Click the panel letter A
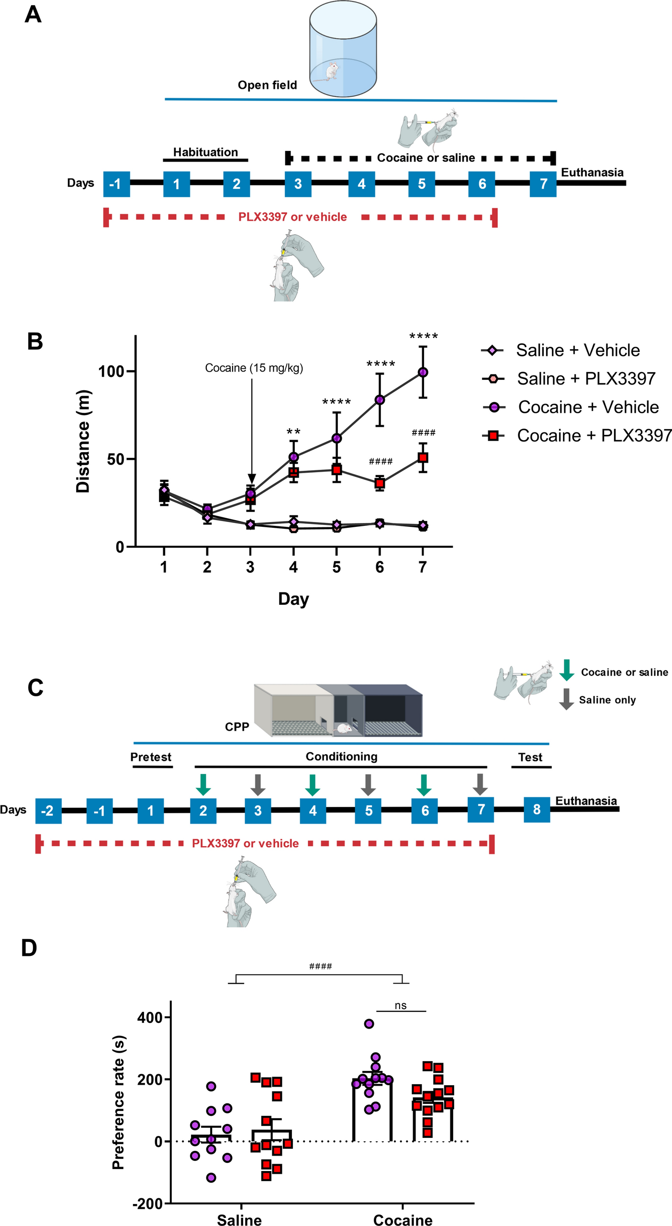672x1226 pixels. point(33,14)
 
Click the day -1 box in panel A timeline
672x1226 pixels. point(116,184)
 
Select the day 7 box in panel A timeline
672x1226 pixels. point(543,184)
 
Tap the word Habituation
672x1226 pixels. point(205,152)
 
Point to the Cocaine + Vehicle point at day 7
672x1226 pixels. point(423,372)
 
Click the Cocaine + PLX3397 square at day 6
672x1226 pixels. point(380,483)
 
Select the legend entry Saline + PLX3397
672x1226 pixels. point(585,379)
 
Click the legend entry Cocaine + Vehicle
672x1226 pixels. point(588,407)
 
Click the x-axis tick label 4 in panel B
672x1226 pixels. point(293,568)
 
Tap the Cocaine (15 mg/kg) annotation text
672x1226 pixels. point(254,368)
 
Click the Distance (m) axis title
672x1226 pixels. point(83,441)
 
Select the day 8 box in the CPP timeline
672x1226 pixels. point(537,810)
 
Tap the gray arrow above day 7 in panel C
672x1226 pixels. point(480,784)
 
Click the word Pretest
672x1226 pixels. point(151,757)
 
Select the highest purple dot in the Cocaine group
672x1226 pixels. point(369,1024)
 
